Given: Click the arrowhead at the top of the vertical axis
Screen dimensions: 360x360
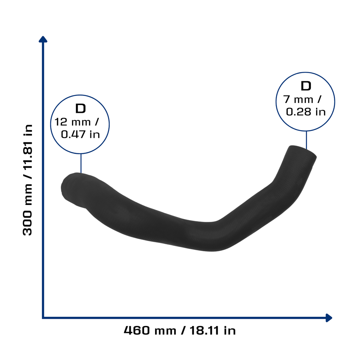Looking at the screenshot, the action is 43,39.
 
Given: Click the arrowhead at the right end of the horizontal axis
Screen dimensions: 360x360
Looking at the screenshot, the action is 329,318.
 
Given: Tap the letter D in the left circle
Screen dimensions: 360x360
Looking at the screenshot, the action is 81,109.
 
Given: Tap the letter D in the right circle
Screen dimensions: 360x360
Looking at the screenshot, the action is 306,86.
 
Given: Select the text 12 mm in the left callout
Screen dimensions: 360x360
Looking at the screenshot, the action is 72,122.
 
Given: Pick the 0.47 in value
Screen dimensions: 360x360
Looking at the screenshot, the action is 81,134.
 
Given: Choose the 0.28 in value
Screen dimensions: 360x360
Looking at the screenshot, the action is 306,112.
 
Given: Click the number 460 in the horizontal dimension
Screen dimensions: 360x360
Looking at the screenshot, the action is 137,330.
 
